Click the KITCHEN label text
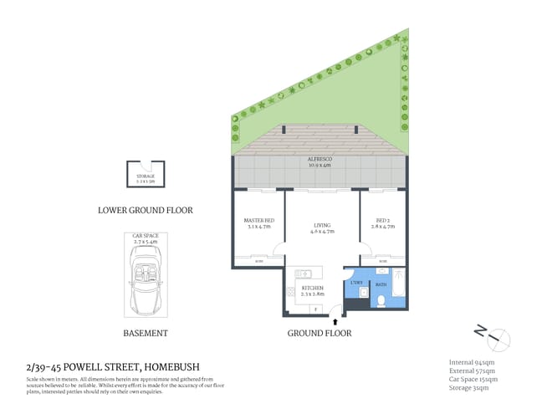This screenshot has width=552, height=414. click(x=312, y=289)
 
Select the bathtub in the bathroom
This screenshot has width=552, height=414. click(x=399, y=285)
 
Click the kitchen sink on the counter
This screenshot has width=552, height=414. click(x=304, y=273)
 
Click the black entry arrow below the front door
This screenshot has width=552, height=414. click(x=335, y=319)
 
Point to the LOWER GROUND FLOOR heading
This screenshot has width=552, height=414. click(x=146, y=211)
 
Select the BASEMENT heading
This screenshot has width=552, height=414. click(x=146, y=333)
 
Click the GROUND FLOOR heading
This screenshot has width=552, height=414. click(x=319, y=333)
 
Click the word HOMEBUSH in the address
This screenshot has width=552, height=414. click(x=172, y=366)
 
